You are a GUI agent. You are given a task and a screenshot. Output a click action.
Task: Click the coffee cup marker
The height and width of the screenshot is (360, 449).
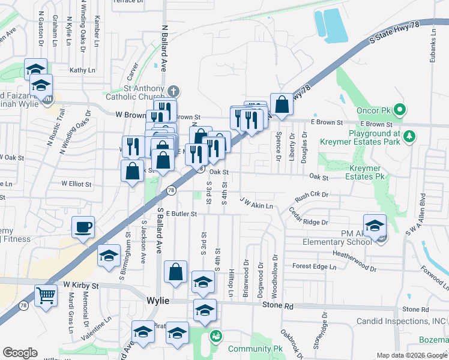(83, 227)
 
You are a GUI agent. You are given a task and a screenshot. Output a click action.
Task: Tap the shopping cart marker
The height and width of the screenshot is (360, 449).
(46, 295)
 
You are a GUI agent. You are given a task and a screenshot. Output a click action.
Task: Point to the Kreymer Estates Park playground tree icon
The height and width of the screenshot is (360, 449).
(410, 136)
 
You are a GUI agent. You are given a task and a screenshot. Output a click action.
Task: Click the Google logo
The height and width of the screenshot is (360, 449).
(20, 353)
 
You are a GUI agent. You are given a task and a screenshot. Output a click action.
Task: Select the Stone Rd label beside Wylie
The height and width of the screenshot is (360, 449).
(278, 305)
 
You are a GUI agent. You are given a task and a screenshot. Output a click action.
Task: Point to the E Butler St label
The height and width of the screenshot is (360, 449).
(182, 214)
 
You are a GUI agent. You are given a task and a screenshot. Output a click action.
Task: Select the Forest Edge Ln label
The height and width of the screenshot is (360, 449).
(312, 266)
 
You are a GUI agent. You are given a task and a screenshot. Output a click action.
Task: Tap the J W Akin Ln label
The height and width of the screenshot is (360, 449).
(256, 203)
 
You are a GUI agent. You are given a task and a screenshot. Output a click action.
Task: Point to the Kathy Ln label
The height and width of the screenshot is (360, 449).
(82, 70)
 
